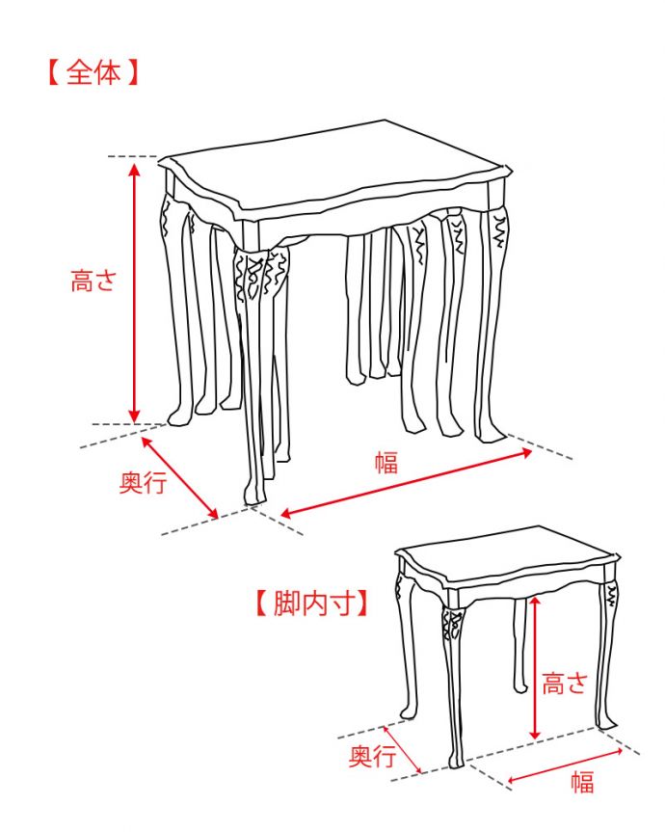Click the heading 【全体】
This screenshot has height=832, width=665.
(x=93, y=74)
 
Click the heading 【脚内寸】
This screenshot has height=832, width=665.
(x=311, y=604)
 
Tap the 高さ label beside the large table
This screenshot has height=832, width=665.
(x=93, y=282)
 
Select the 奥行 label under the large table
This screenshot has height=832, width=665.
(x=143, y=482)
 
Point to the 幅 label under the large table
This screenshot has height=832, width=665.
(x=386, y=462)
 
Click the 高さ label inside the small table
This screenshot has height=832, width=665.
(x=564, y=684)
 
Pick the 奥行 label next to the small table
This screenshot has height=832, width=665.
(x=372, y=756)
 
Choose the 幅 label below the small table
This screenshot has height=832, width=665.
(x=582, y=782)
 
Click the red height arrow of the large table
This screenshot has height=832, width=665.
(x=135, y=289)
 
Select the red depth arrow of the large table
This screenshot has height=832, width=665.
(x=179, y=477)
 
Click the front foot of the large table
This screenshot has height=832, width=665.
(x=253, y=496)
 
